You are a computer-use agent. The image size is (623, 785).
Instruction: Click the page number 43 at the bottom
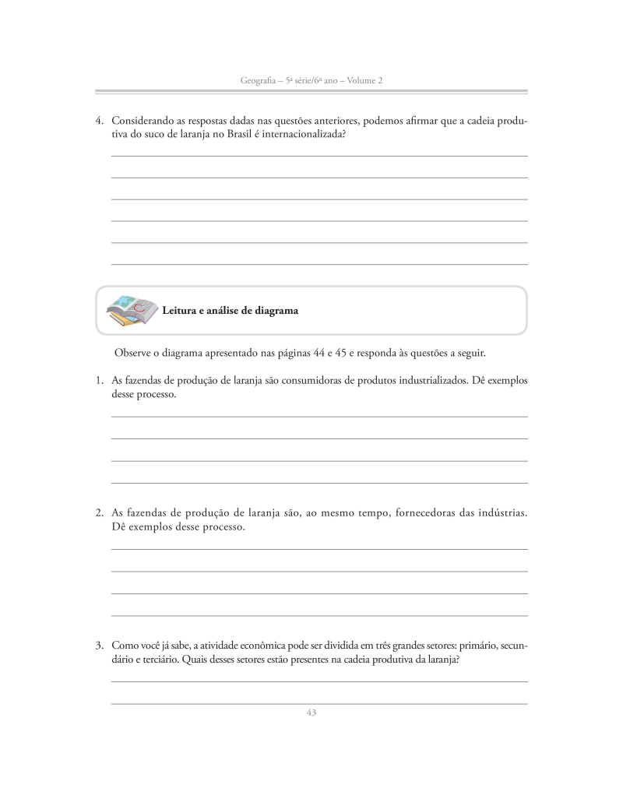(x=311, y=713)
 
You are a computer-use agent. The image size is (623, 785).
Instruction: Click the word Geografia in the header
(x=262, y=80)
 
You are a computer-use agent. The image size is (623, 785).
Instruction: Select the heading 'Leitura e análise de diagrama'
(x=230, y=310)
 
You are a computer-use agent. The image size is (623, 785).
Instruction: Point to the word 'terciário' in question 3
(x=158, y=659)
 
